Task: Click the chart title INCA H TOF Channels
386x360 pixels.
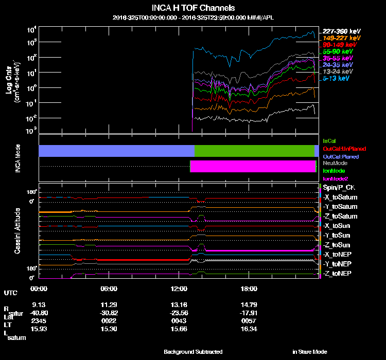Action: (x=194, y=8)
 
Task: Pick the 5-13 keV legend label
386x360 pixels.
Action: (x=337, y=79)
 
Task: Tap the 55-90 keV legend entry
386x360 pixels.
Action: (x=338, y=51)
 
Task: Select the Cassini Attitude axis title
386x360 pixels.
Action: (x=17, y=230)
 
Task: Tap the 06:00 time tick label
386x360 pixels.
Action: (x=109, y=289)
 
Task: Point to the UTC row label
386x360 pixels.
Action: (x=10, y=293)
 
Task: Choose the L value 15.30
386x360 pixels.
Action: (x=109, y=329)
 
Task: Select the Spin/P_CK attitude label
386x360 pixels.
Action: (x=339, y=188)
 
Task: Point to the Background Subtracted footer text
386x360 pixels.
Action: (x=193, y=352)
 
